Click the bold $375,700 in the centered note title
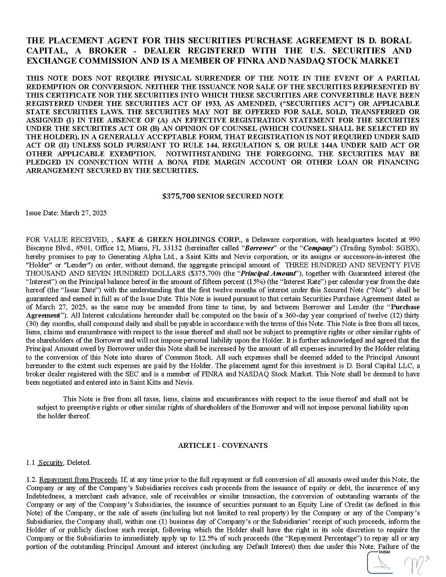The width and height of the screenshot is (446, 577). [179, 196]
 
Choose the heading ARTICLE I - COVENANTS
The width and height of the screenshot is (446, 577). [223, 445]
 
